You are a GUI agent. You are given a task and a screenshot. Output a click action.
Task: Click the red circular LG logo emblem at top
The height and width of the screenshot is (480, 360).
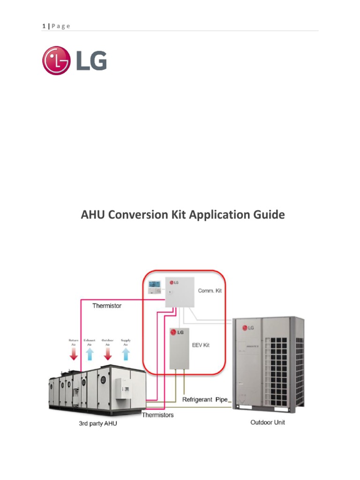(x=56, y=60)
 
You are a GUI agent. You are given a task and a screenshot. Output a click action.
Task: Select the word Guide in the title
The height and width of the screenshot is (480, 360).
(x=268, y=215)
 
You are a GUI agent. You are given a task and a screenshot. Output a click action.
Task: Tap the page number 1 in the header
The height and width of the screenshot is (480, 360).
(x=43, y=26)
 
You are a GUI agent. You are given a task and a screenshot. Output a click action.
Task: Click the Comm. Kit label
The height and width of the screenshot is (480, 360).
(x=209, y=291)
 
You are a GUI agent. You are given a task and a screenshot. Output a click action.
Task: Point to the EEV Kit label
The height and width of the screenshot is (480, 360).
(x=200, y=345)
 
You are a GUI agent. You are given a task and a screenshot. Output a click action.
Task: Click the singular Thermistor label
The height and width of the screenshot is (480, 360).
(x=107, y=306)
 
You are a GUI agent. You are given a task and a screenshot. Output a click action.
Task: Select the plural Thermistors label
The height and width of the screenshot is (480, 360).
(x=157, y=415)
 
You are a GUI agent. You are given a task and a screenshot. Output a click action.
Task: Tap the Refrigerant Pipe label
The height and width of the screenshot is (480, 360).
(x=204, y=400)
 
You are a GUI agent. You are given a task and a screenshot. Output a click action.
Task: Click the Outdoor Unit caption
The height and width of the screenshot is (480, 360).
(x=267, y=422)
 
